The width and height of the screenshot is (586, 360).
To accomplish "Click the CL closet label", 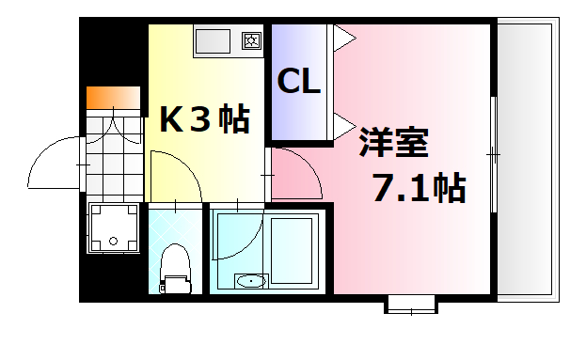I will coord(298,83).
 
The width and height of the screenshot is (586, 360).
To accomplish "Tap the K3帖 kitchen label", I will coord(203,119).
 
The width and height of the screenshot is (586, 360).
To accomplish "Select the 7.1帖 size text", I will coord(420,190).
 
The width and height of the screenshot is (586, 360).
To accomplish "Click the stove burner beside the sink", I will coord(252,40).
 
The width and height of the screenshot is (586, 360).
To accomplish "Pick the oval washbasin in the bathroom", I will coord(251,280).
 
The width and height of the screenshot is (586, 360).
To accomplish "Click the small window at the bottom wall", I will coord(411,303).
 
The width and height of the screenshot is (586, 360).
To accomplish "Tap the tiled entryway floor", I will coord(113,150).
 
